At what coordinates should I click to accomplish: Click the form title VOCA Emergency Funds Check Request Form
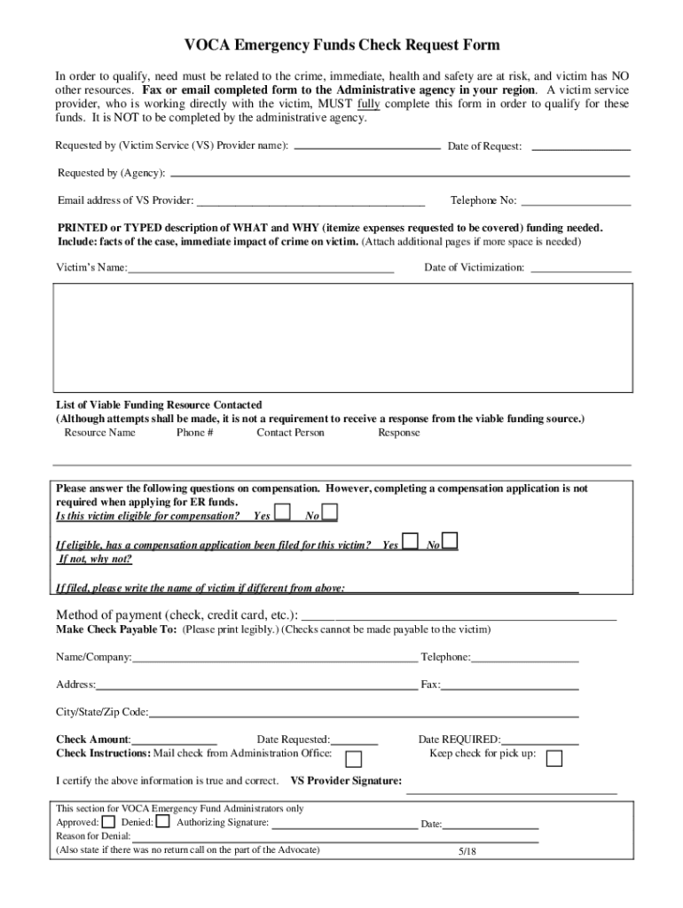point(341,45)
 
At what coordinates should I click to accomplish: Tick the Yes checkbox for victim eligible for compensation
point(282,512)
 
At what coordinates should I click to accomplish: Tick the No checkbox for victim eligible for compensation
point(329,512)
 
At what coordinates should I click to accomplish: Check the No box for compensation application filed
point(450,541)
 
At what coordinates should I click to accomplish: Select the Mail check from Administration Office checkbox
point(353,759)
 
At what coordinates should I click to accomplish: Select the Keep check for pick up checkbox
point(554,758)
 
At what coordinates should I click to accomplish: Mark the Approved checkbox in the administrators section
point(108,821)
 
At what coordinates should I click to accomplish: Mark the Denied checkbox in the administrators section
point(162,821)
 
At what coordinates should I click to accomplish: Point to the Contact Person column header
point(290,433)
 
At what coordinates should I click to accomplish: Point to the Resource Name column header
point(99,433)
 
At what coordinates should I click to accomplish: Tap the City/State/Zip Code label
point(102,712)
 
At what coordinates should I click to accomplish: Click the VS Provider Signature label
point(346,781)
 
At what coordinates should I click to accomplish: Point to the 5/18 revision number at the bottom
point(467,851)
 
